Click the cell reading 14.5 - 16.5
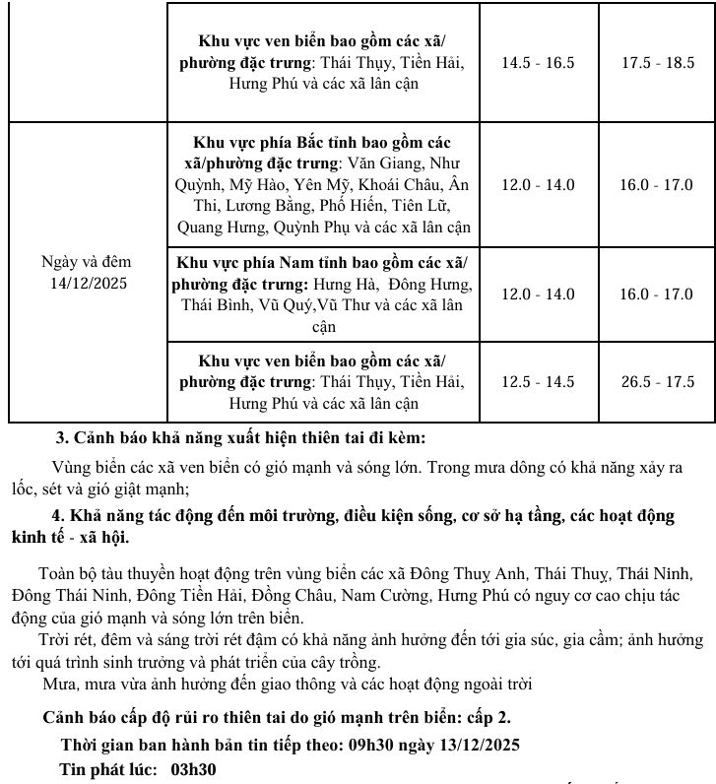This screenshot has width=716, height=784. click(x=538, y=63)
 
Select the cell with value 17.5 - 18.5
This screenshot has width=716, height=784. click(x=657, y=63)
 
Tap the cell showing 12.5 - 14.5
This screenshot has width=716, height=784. click(x=538, y=382)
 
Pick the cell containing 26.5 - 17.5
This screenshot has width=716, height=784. click(x=657, y=382)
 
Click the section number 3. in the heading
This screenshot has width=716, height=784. click(x=62, y=437)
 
